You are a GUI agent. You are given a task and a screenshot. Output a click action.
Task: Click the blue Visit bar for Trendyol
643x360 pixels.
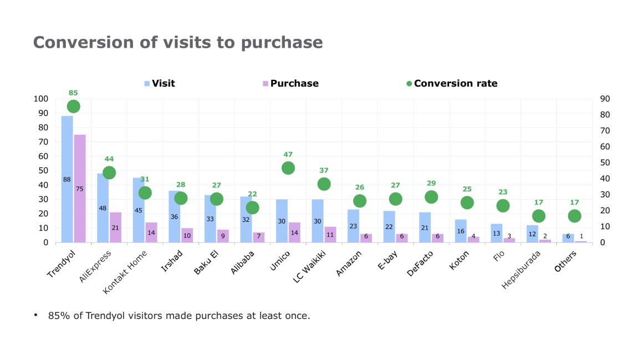67,179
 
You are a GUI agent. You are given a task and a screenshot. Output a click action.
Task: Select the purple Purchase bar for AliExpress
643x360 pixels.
115,227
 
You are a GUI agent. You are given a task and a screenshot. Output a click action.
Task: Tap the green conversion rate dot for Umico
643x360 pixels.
288,168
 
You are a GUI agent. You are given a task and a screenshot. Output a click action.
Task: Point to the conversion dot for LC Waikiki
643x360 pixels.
324,184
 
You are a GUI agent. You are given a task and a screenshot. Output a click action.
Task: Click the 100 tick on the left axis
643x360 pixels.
41,99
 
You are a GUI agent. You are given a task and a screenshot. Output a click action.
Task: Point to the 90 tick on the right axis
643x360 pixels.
605,99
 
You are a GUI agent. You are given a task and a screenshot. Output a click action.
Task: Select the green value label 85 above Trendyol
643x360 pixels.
73,93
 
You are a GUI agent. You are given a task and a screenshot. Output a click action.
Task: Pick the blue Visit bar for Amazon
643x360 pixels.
353,226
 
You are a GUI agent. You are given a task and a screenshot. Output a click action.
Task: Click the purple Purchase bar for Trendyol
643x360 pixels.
80,188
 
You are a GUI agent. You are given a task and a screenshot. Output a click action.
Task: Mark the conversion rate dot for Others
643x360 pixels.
575,216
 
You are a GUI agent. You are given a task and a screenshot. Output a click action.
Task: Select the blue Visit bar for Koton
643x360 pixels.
461,231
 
